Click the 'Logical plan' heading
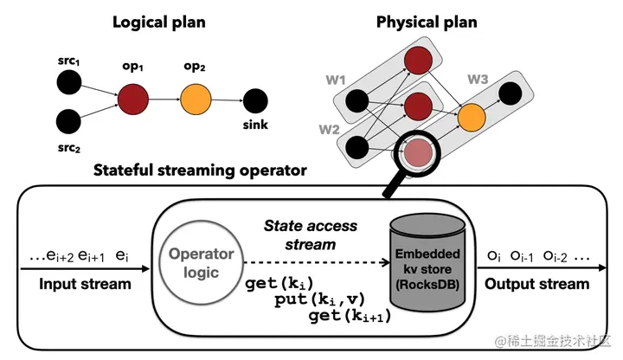point(159,22)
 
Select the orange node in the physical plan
point(472,115)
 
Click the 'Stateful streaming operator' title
point(201,170)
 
